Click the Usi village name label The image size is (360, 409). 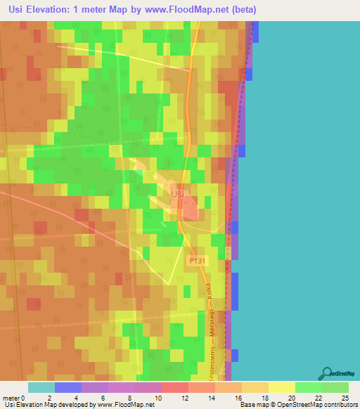coord(178,193)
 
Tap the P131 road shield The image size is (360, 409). coord(197,260)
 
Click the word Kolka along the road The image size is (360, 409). coord(209,293)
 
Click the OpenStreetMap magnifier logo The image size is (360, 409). coord(327,373)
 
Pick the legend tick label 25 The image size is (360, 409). coord(345,398)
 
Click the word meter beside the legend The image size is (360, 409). coord(11,398)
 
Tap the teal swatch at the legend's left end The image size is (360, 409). coord(41,387)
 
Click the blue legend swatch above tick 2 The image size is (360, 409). coord(67,387)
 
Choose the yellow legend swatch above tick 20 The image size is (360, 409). coord(281,387)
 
